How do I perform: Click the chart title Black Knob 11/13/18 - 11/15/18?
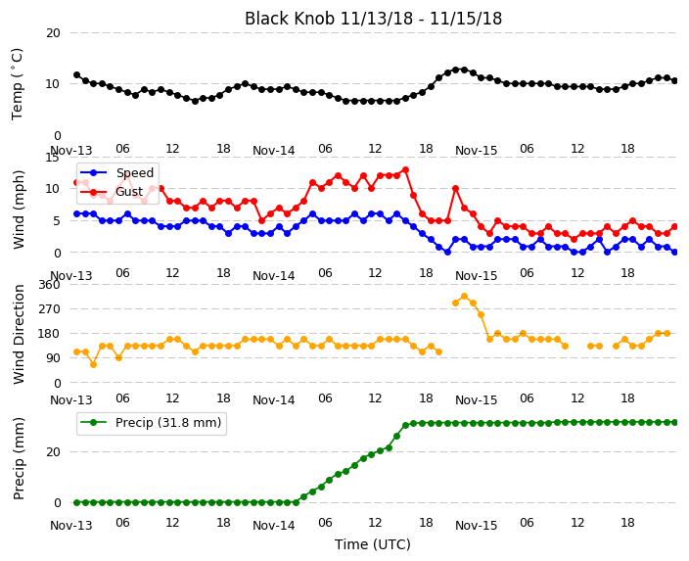(x=373, y=19)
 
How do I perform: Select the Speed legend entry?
(x=116, y=172)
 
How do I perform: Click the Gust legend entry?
(x=112, y=192)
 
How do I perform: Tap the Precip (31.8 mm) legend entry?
(x=151, y=423)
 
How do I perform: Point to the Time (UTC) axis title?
(x=373, y=544)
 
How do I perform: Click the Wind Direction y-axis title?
(x=19, y=334)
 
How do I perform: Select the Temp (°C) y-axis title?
(x=18, y=84)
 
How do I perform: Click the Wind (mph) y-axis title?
(x=19, y=210)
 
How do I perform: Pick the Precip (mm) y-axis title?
(x=19, y=458)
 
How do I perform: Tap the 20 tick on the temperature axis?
(x=53, y=33)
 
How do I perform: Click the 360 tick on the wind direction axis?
(x=49, y=285)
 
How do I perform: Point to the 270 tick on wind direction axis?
(x=49, y=309)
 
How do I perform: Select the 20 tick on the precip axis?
(x=53, y=452)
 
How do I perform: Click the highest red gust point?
(x=405, y=169)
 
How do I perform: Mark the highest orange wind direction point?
(x=465, y=297)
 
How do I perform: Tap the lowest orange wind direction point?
(x=94, y=364)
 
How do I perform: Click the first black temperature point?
(x=77, y=74)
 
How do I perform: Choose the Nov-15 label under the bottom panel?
(x=477, y=526)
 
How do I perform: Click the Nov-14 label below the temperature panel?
(x=274, y=151)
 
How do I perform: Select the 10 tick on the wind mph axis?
(x=53, y=189)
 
